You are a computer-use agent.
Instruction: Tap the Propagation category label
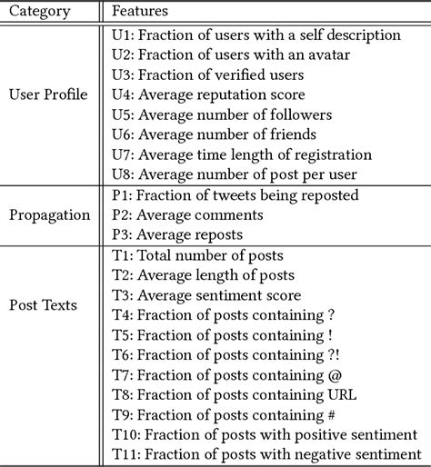[47, 215]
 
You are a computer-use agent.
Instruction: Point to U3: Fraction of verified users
[200, 75]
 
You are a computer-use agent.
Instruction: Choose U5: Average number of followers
[221, 114]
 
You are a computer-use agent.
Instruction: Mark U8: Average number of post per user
[234, 174]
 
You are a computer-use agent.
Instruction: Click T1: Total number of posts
[195, 255]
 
